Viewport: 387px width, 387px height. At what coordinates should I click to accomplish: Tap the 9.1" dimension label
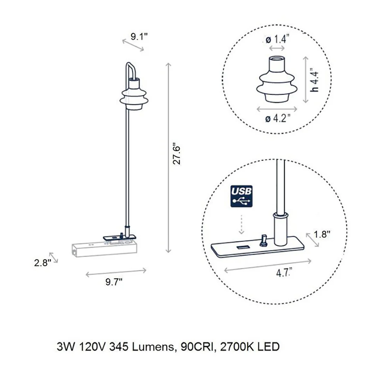tap(139, 36)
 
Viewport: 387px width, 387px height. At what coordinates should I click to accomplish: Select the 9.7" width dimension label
tap(114, 282)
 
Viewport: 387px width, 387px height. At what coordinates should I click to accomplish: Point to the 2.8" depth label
tap(43, 263)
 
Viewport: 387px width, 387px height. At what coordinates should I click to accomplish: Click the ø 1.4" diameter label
tap(277, 39)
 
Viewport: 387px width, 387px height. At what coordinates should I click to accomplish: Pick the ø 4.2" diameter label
tap(277, 118)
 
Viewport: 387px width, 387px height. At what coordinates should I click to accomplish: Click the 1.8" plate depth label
tap(322, 234)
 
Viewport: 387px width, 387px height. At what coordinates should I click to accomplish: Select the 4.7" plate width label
tap(284, 273)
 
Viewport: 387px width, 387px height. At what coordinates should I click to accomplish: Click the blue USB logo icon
tap(241, 196)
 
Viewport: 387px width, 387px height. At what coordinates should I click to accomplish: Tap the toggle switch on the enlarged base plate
tap(263, 241)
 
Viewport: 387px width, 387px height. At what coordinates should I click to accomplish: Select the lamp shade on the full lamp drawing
tap(134, 94)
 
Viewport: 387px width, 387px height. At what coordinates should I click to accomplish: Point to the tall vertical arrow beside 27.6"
tap(168, 158)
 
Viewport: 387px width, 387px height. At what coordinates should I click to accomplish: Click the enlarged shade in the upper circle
tap(277, 79)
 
